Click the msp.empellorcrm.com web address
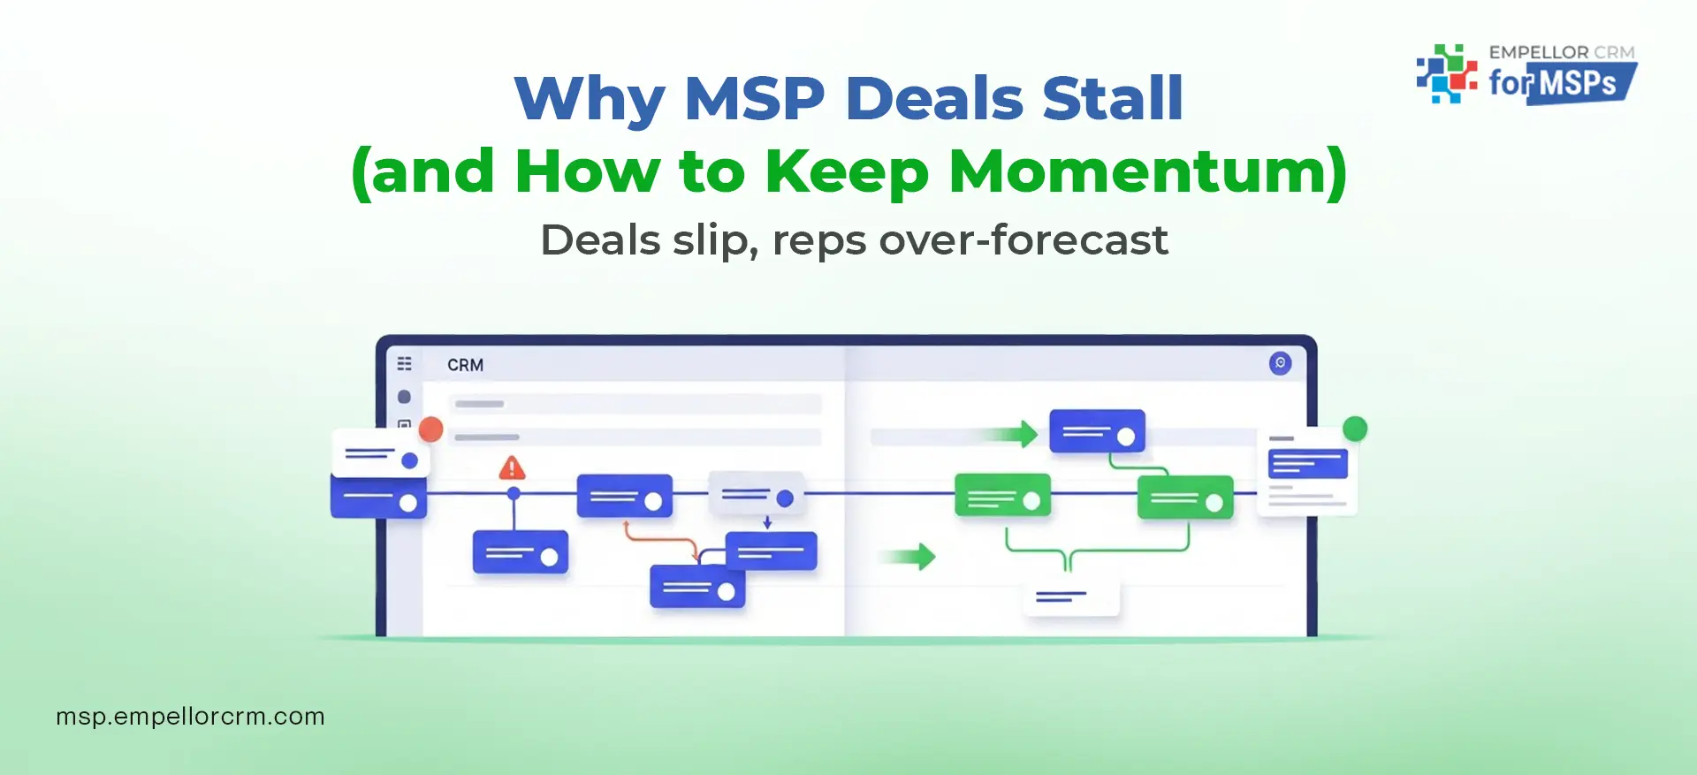190,716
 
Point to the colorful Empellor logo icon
1446,74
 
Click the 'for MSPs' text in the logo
1560,84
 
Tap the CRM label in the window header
465,365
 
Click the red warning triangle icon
512,467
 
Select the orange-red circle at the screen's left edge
430,429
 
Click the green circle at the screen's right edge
1354,429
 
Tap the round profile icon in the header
1280,363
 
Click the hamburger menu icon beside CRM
404,363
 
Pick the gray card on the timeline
757,495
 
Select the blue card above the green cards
1097,432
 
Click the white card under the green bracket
1070,598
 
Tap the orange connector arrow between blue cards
658,538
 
